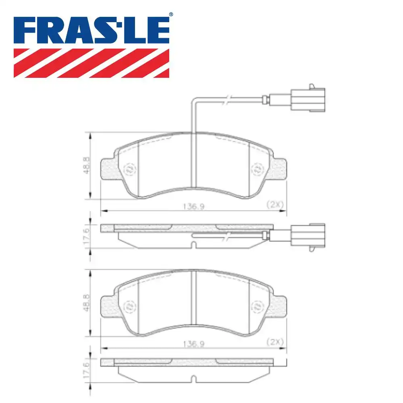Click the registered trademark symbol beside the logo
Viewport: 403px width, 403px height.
[x=171, y=15]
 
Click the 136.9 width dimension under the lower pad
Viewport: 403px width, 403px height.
[x=193, y=343]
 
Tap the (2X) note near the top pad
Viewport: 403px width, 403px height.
[x=275, y=205]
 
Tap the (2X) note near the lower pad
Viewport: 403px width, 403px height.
[x=275, y=342]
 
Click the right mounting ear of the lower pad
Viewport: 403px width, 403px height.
[x=279, y=305]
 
